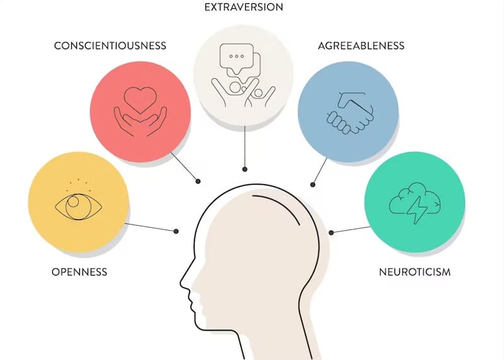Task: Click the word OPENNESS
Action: coord(79,272)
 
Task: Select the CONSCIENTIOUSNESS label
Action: coord(110,45)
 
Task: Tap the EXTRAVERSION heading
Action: coord(243,8)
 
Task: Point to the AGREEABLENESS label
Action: coord(361,45)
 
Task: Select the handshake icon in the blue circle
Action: coord(348,112)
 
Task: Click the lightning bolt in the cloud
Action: coord(416,210)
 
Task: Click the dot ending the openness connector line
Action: coord(176,231)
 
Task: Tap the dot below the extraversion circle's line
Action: coord(244,169)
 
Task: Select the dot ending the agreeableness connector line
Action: coord(313,183)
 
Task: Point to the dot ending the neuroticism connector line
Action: coord(331,233)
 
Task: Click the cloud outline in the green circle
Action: coord(403,199)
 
